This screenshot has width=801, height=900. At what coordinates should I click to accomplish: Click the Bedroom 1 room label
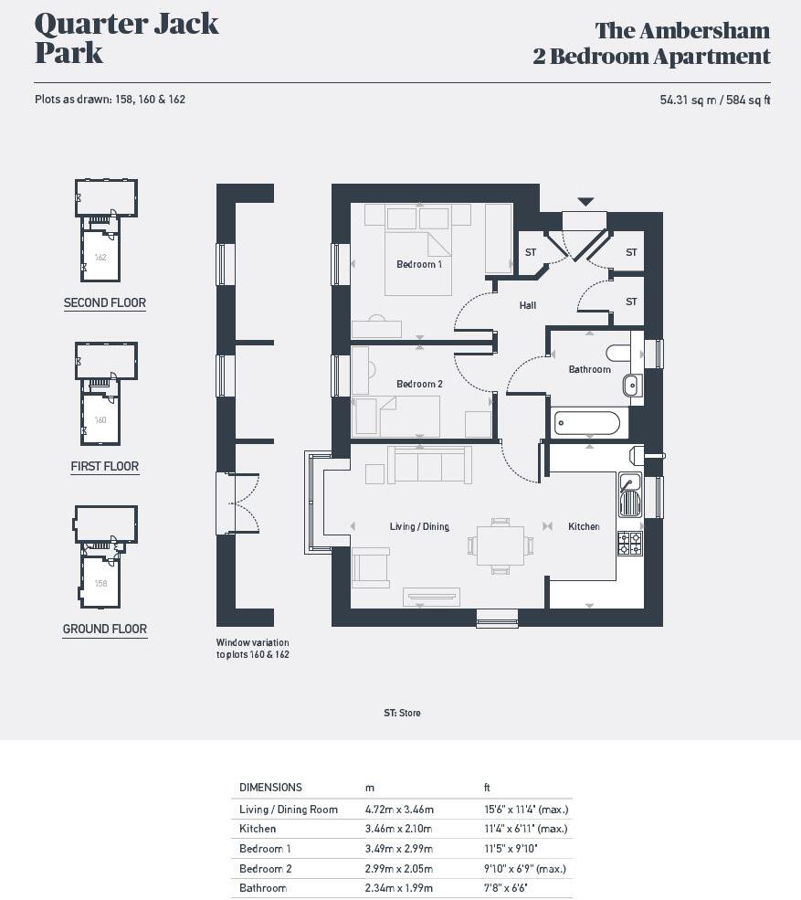pos(418,265)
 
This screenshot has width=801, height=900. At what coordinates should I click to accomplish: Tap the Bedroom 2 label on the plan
pos(418,384)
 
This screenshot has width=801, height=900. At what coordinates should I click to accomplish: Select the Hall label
pos(528,306)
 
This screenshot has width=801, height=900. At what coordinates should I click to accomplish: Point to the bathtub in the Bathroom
pos(587,423)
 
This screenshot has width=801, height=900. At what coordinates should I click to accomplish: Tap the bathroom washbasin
pos(632,386)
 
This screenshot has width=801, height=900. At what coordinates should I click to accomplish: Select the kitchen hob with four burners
pos(629,543)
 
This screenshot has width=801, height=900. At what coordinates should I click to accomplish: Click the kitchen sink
pos(629,493)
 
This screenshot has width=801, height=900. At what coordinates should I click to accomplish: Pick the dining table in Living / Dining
pos(500,545)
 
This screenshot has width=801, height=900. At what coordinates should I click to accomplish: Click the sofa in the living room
pos(429,465)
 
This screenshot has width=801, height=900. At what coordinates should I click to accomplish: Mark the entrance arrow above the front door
pos(585,202)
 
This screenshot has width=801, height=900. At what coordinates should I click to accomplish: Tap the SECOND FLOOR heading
pos(104,303)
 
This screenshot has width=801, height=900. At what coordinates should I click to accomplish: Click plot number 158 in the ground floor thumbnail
pos(100,583)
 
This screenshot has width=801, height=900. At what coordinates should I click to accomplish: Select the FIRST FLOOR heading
pos(104,467)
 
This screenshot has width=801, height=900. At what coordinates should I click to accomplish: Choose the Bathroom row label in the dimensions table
pos(262,888)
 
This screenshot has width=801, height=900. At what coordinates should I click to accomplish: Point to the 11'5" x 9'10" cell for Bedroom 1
pos(511,849)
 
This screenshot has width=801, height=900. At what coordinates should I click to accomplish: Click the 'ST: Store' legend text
pos(402,713)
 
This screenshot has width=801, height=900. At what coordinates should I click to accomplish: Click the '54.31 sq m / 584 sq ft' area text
pos(714,100)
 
